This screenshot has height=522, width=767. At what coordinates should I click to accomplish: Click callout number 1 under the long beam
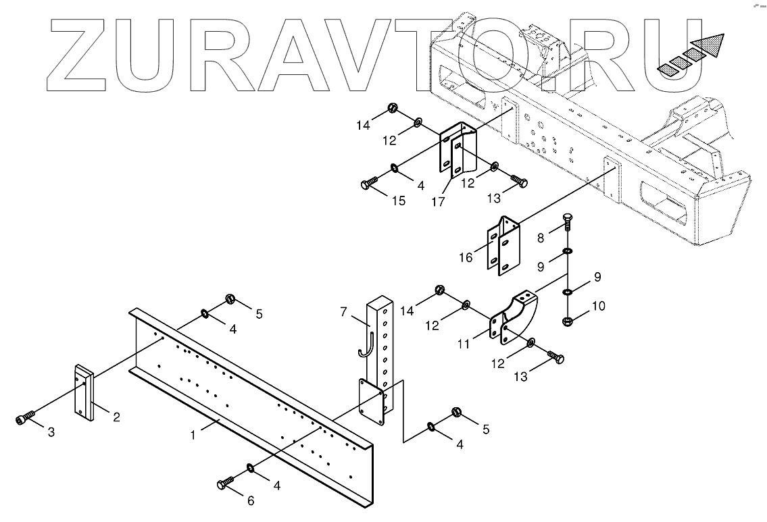click(x=193, y=436)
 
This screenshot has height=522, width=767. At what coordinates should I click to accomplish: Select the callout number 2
click(x=116, y=418)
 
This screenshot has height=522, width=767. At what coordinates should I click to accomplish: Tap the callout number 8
click(x=540, y=238)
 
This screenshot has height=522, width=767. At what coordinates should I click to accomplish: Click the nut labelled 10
click(x=568, y=321)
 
